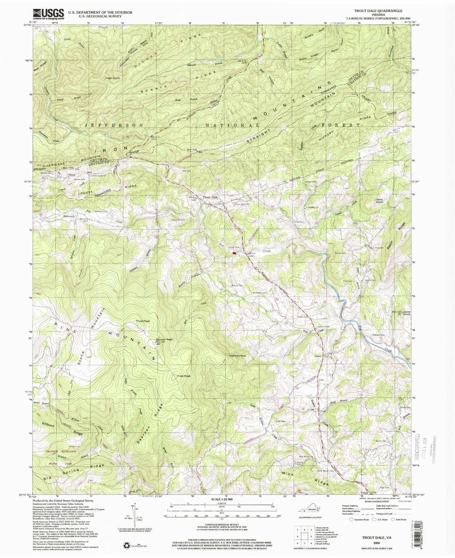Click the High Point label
[x=113, y=78]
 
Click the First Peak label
[x=184, y=376]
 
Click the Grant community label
[x=318, y=356]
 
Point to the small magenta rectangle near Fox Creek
[x=234, y=252]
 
